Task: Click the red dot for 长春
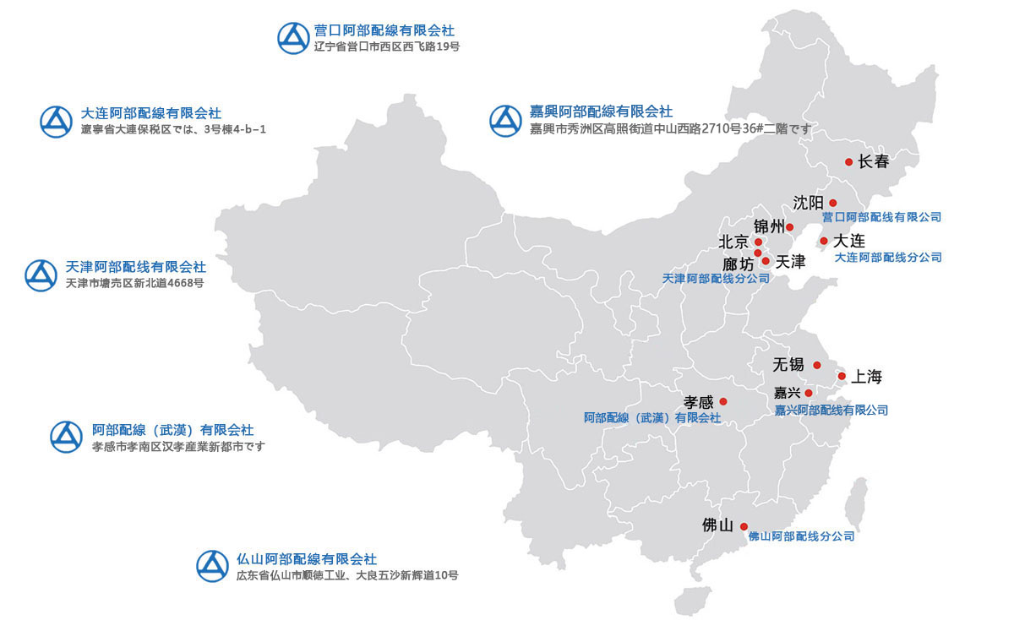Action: pyautogui.click(x=848, y=162)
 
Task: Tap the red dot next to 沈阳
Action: pyautogui.click(x=832, y=203)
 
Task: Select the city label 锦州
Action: pyautogui.click(x=769, y=226)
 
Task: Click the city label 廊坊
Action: pyautogui.click(x=738, y=264)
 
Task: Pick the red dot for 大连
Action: pyautogui.click(x=824, y=241)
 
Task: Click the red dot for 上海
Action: pyautogui.click(x=842, y=376)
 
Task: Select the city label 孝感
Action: pyautogui.click(x=698, y=402)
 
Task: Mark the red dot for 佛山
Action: pyautogui.click(x=744, y=526)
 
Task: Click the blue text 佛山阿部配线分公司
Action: pyautogui.click(x=801, y=536)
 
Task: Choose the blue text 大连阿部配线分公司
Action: pyautogui.click(x=887, y=257)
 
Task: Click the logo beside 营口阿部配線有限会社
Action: pyautogui.click(x=294, y=38)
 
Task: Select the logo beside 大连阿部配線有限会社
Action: pyautogui.click(x=57, y=121)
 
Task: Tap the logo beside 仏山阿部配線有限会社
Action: pyautogui.click(x=213, y=566)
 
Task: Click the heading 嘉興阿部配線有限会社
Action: pyautogui.click(x=601, y=111)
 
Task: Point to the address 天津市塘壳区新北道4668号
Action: pyautogui.click(x=134, y=283)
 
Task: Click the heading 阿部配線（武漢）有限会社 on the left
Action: pyautogui.click(x=172, y=430)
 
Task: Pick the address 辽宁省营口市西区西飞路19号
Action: pyautogui.click(x=386, y=46)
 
